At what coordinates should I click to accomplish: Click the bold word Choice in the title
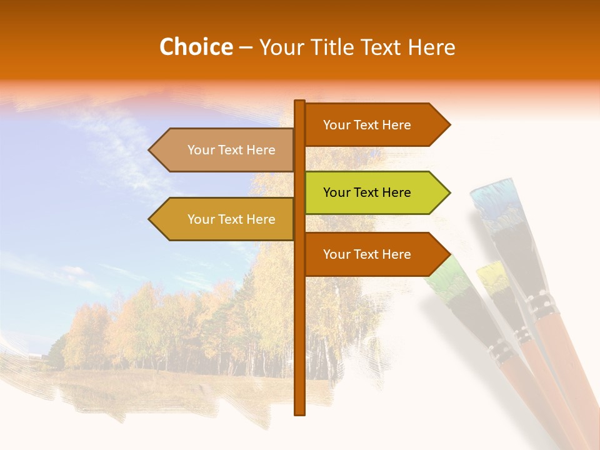pos(196,47)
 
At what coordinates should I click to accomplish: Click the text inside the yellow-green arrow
pos(367,192)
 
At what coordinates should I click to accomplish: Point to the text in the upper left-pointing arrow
pos(231,150)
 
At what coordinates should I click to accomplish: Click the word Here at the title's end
pos(432,47)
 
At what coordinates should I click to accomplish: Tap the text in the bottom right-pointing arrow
pos(367,254)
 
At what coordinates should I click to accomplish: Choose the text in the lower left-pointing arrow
pos(231,219)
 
